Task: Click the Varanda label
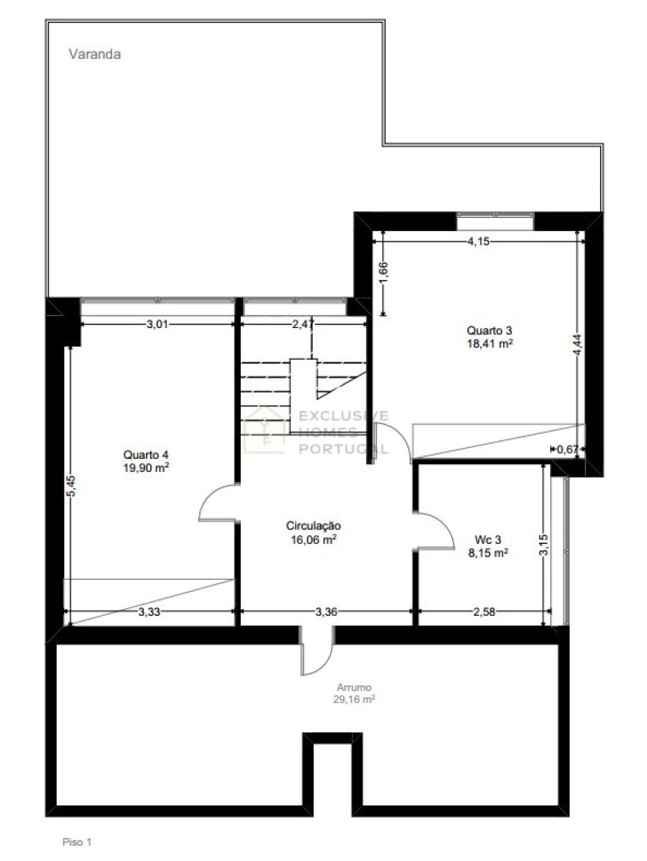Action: (x=94, y=54)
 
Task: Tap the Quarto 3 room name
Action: (x=489, y=330)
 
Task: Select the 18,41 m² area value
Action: (x=490, y=344)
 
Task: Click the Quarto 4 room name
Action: (x=145, y=454)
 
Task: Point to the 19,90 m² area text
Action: (x=145, y=468)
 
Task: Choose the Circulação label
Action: (x=313, y=526)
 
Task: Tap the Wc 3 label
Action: (x=487, y=539)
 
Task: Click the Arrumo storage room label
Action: (x=354, y=687)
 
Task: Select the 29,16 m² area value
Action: (x=354, y=699)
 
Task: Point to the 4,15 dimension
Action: (x=478, y=240)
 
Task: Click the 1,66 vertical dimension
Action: (x=383, y=273)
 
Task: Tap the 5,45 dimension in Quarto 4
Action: (x=71, y=486)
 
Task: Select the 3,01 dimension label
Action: (x=157, y=324)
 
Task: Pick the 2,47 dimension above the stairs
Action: (x=303, y=324)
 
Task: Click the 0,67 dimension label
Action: (x=567, y=449)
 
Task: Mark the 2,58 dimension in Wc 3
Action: (x=484, y=611)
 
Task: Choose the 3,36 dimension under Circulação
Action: (x=326, y=611)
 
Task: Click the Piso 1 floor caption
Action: (x=77, y=842)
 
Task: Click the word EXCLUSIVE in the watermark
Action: (x=343, y=416)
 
